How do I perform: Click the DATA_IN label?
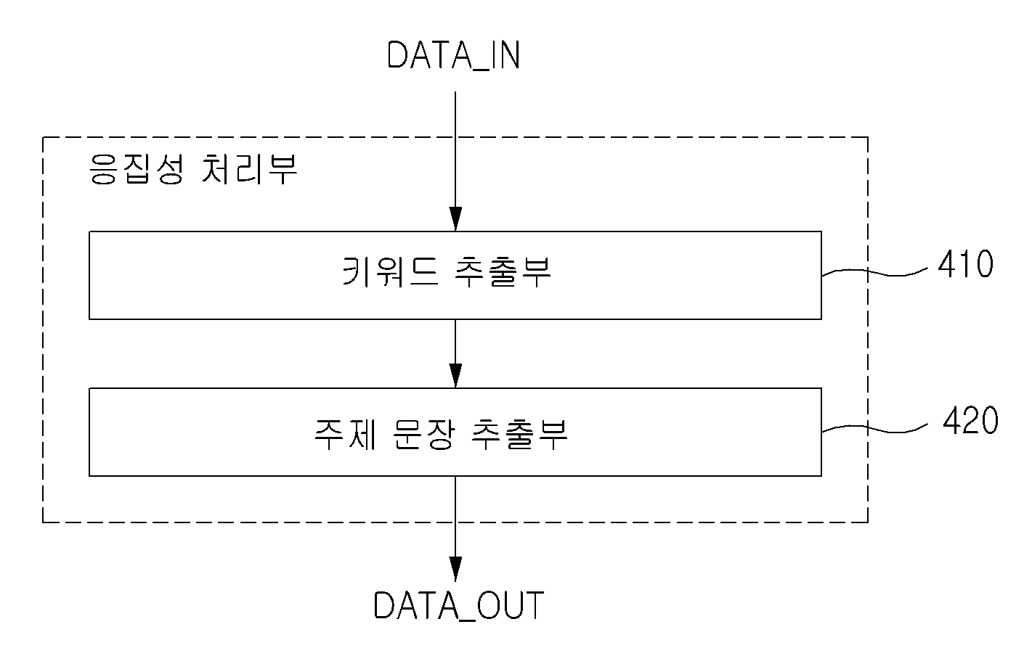coord(454,56)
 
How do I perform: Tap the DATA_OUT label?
coord(459,605)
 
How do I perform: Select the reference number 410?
coord(966,264)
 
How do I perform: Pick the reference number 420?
coord(970,420)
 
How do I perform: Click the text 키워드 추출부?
coord(447,272)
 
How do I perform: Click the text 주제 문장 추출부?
coord(441,434)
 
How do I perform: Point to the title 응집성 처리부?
coord(193,169)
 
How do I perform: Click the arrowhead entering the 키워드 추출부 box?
coord(455,219)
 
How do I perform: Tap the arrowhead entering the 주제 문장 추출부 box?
coord(455,376)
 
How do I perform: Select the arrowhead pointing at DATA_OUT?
coord(455,569)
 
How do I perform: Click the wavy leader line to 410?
coord(874,272)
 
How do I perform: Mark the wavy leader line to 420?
coord(874,429)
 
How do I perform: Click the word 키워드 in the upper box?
coord(391,272)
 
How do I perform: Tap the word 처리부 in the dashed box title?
coord(250,169)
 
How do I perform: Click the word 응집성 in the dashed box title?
coord(137,169)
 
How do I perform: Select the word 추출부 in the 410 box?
coord(503,272)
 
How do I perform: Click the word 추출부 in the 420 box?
coord(520,434)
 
